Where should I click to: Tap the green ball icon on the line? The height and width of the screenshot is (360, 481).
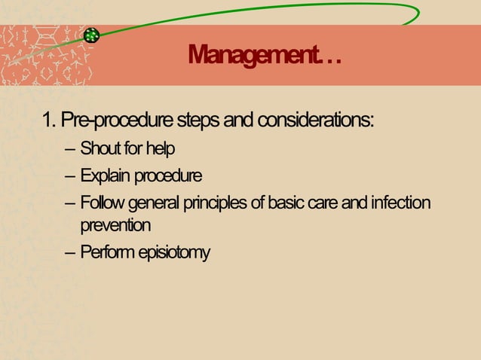click(92, 35)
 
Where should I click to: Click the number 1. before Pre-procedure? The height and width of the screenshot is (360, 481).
click(49, 121)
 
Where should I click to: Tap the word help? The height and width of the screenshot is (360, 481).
click(160, 148)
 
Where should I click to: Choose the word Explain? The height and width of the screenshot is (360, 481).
click(105, 177)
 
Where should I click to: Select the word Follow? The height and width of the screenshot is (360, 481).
click(103, 203)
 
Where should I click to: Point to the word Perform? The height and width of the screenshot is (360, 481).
click(106, 251)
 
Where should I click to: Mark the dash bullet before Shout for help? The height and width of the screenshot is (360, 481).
click(70, 148)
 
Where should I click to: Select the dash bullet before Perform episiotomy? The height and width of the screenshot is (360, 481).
click(70, 251)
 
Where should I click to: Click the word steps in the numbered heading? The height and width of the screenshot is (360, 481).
click(197, 121)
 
